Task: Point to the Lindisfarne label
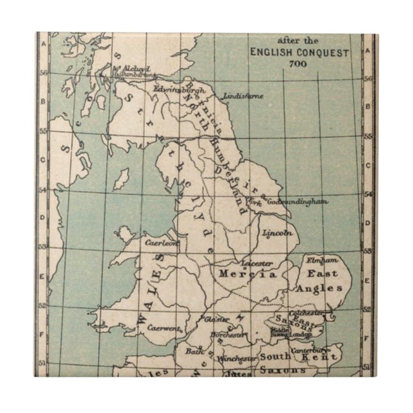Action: (244, 96)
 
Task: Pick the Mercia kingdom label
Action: (248, 274)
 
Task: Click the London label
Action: (299, 334)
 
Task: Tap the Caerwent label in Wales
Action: (161, 326)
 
